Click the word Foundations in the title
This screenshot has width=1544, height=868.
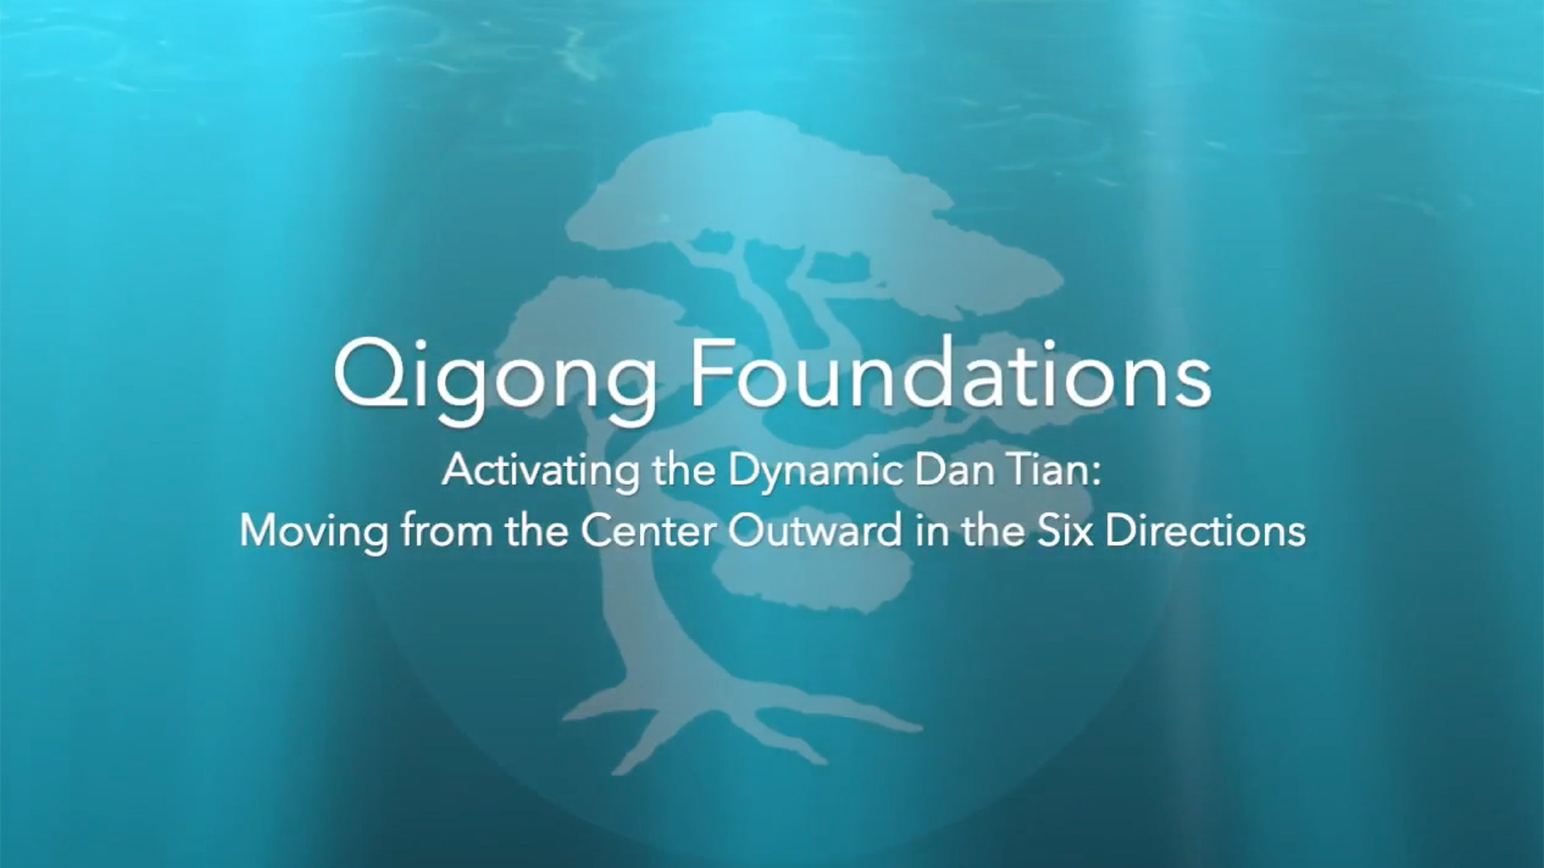pyautogui.click(x=951, y=374)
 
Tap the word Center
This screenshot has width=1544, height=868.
pyautogui.click(x=648, y=531)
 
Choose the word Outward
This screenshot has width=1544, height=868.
pyautogui.click(x=815, y=531)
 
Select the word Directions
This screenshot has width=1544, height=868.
pyautogui.click(x=1205, y=531)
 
